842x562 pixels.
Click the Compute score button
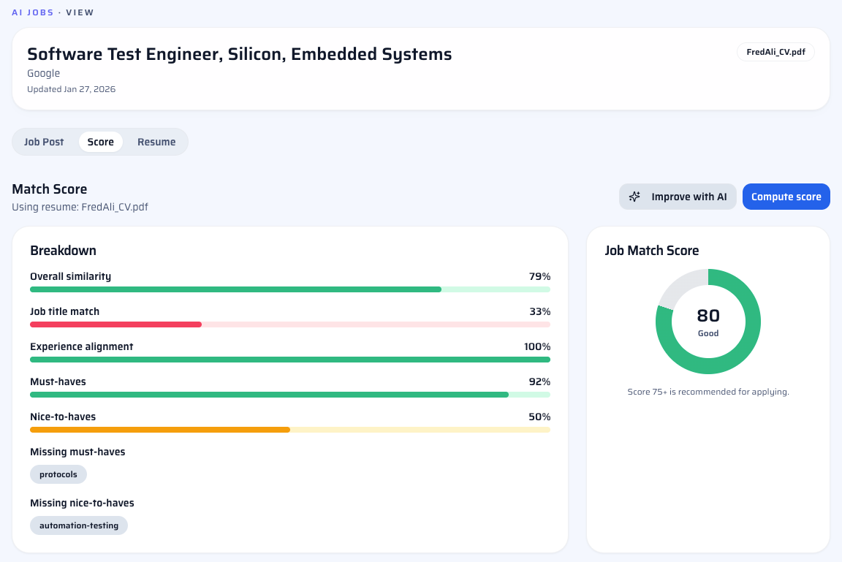click(786, 197)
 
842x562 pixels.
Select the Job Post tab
click(44, 142)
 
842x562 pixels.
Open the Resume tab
click(156, 142)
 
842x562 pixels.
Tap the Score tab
click(101, 142)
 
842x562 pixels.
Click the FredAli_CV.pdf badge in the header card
click(775, 52)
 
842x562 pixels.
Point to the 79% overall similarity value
click(539, 276)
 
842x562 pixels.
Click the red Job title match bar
click(115, 324)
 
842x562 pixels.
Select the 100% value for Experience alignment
click(537, 346)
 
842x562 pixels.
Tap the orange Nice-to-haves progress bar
click(159, 430)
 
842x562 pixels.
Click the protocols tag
click(58, 474)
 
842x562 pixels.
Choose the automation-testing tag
click(79, 525)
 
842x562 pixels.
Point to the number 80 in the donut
click(708, 316)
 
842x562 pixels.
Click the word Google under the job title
click(44, 73)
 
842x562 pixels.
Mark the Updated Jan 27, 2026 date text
click(71, 89)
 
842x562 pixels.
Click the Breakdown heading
click(63, 251)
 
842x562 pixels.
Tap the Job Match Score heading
click(652, 251)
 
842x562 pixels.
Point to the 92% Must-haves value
click(539, 381)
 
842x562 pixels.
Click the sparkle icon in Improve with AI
click(635, 197)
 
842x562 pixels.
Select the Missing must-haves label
click(77, 452)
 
